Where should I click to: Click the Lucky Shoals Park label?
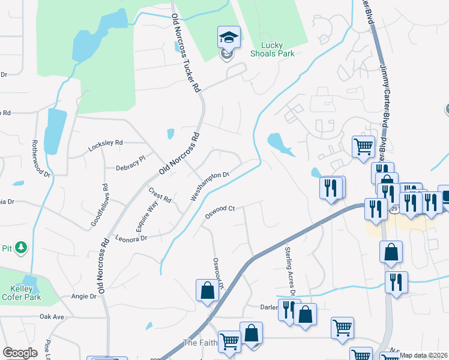click(277, 49)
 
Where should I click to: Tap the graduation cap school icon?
click(229, 38)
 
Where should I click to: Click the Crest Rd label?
click(160, 194)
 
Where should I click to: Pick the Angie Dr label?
click(84, 296)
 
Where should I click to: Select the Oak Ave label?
click(52, 316)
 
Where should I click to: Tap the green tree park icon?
click(21, 247)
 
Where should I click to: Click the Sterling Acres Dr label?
click(291, 270)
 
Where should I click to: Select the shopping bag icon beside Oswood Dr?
click(207, 290)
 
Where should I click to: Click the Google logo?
click(20, 353)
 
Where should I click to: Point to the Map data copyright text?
click(423, 355)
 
